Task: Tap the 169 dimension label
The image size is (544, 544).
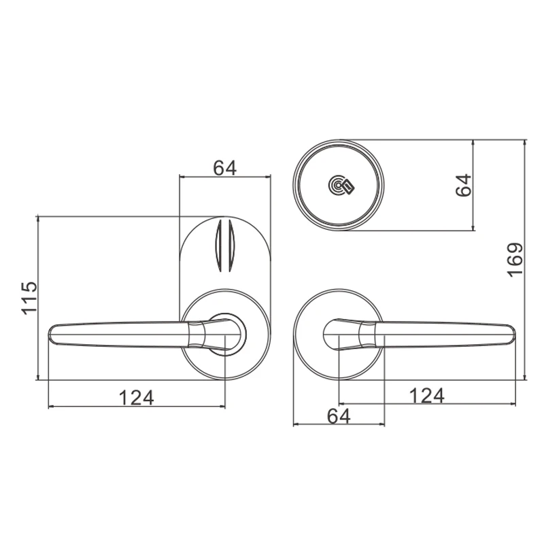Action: (x=515, y=260)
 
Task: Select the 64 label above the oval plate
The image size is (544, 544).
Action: (x=225, y=168)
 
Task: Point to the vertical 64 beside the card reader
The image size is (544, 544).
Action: (x=464, y=185)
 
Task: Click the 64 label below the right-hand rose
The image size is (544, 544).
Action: (x=339, y=416)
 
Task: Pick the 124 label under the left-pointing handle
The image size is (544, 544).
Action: (x=137, y=398)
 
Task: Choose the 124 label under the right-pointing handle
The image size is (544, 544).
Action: (x=427, y=396)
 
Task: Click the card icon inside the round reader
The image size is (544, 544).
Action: (x=348, y=186)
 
